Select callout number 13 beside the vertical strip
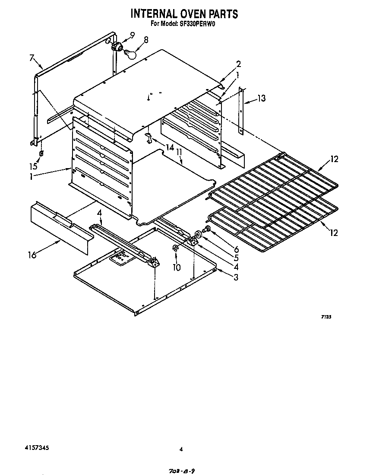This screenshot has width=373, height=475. tap(261, 99)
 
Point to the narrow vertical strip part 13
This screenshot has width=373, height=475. tap(241, 111)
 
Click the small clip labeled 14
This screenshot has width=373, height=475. tap(149, 138)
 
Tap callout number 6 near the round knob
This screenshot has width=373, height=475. tap(236, 249)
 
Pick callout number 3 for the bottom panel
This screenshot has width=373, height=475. tap(236, 277)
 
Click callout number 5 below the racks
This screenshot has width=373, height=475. tap(236, 258)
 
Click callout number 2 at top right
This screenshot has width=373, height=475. tap(238, 64)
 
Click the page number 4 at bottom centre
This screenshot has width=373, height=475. tap(181, 449)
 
